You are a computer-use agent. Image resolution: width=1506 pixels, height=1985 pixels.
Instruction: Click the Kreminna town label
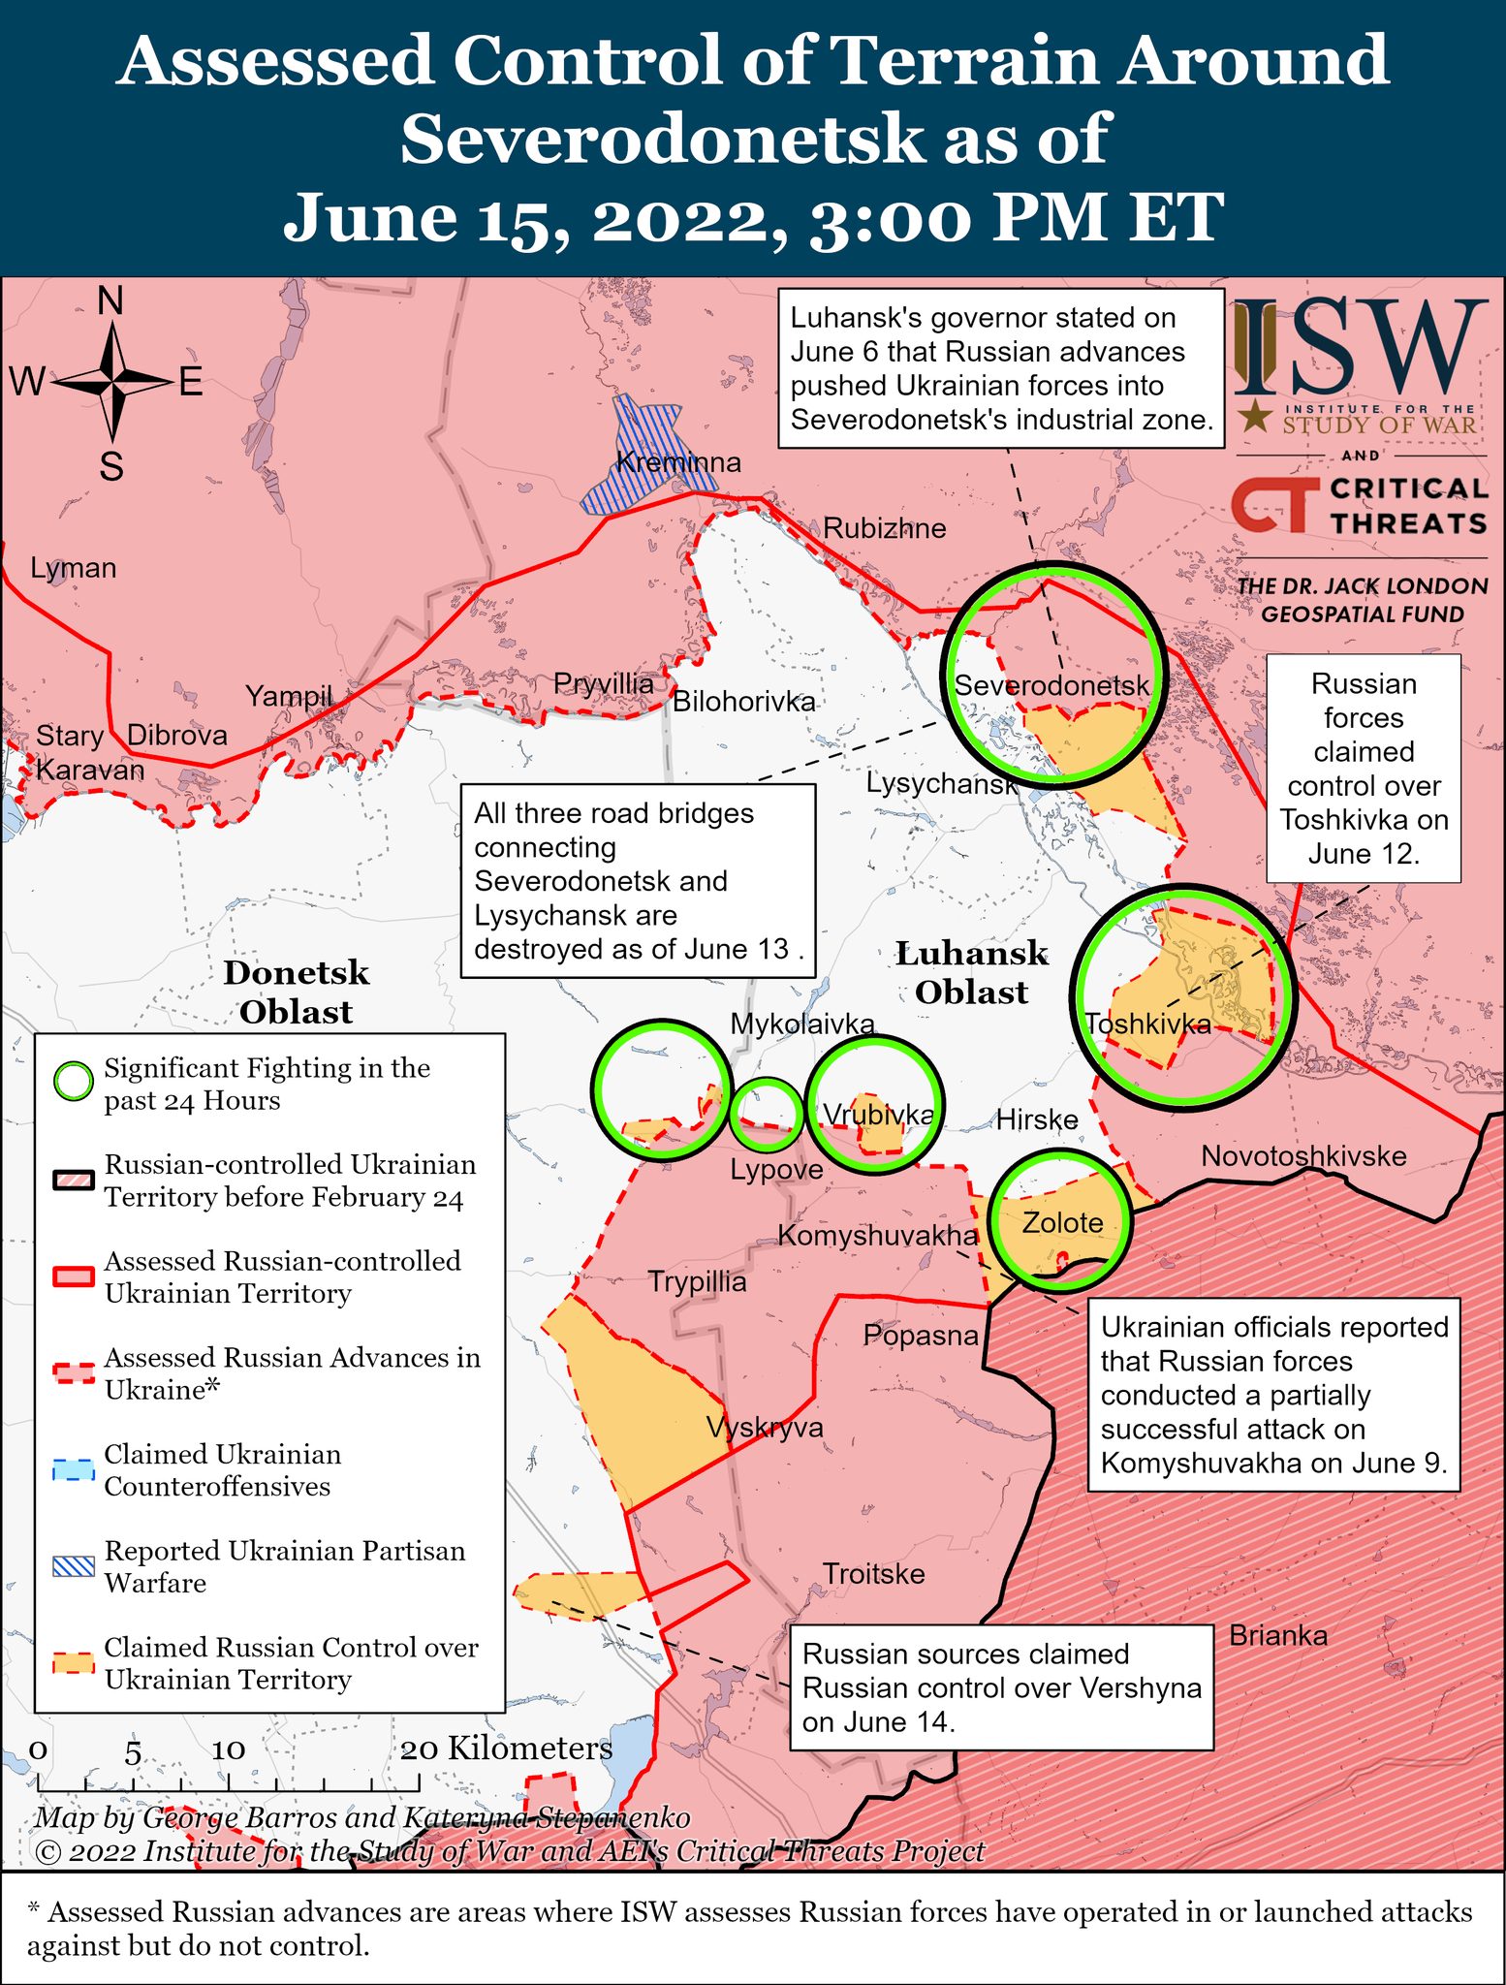[678, 462]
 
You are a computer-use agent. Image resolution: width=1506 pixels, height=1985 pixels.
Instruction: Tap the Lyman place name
[73, 568]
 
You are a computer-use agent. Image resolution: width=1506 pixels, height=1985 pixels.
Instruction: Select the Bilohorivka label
[743, 701]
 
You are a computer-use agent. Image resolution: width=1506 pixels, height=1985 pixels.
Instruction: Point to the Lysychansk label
[941, 783]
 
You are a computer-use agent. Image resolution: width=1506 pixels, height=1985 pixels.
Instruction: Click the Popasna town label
[921, 1336]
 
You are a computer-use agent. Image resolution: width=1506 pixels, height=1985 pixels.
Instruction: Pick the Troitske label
[873, 1574]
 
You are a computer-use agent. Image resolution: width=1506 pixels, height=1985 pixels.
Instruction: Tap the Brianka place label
[1277, 1636]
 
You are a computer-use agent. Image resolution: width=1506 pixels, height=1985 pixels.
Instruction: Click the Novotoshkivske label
[1302, 1156]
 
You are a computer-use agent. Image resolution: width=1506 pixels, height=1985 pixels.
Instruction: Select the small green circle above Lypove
[766, 1113]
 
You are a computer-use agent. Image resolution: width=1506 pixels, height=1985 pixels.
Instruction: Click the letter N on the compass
[111, 301]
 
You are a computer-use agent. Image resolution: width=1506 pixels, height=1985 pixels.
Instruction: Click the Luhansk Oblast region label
[971, 973]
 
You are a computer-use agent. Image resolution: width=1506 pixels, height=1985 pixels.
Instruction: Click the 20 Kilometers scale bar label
[506, 1749]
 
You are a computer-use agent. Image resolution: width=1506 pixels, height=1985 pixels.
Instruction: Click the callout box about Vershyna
[1001, 1687]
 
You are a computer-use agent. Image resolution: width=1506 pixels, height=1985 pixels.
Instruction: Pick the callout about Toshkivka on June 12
[1363, 769]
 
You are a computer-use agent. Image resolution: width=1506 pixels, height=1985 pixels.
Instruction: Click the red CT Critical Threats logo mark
[1273, 506]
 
